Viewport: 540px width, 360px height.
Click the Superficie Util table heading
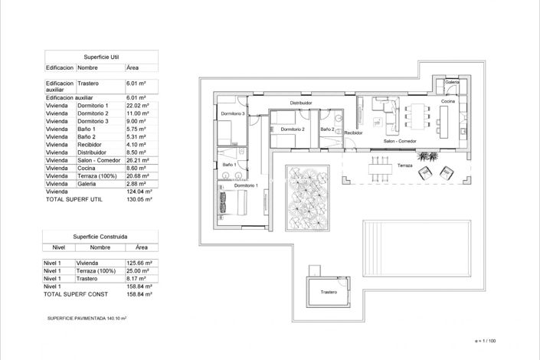click(x=101, y=57)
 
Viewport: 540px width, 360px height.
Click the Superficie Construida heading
click(x=100, y=237)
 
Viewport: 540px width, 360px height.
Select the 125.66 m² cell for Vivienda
click(x=138, y=263)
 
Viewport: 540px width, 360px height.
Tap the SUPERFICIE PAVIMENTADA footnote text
click(x=87, y=316)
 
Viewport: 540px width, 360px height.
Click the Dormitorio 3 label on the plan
click(x=232, y=113)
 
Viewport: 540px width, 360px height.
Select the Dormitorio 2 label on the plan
click(x=293, y=129)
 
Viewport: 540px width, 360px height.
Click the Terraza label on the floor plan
click(x=405, y=165)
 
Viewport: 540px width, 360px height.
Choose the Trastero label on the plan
click(x=329, y=292)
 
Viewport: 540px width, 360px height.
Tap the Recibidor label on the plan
click(x=353, y=133)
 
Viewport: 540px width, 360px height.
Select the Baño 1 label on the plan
click(x=228, y=165)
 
